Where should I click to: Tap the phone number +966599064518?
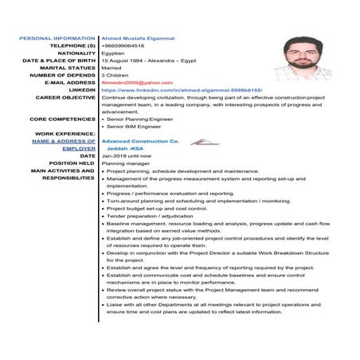[123, 45]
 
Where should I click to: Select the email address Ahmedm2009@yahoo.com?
[131, 82]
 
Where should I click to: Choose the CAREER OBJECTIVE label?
[65, 97]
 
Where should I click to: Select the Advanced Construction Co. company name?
[140, 141]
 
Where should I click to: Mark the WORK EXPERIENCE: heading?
[65, 134]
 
